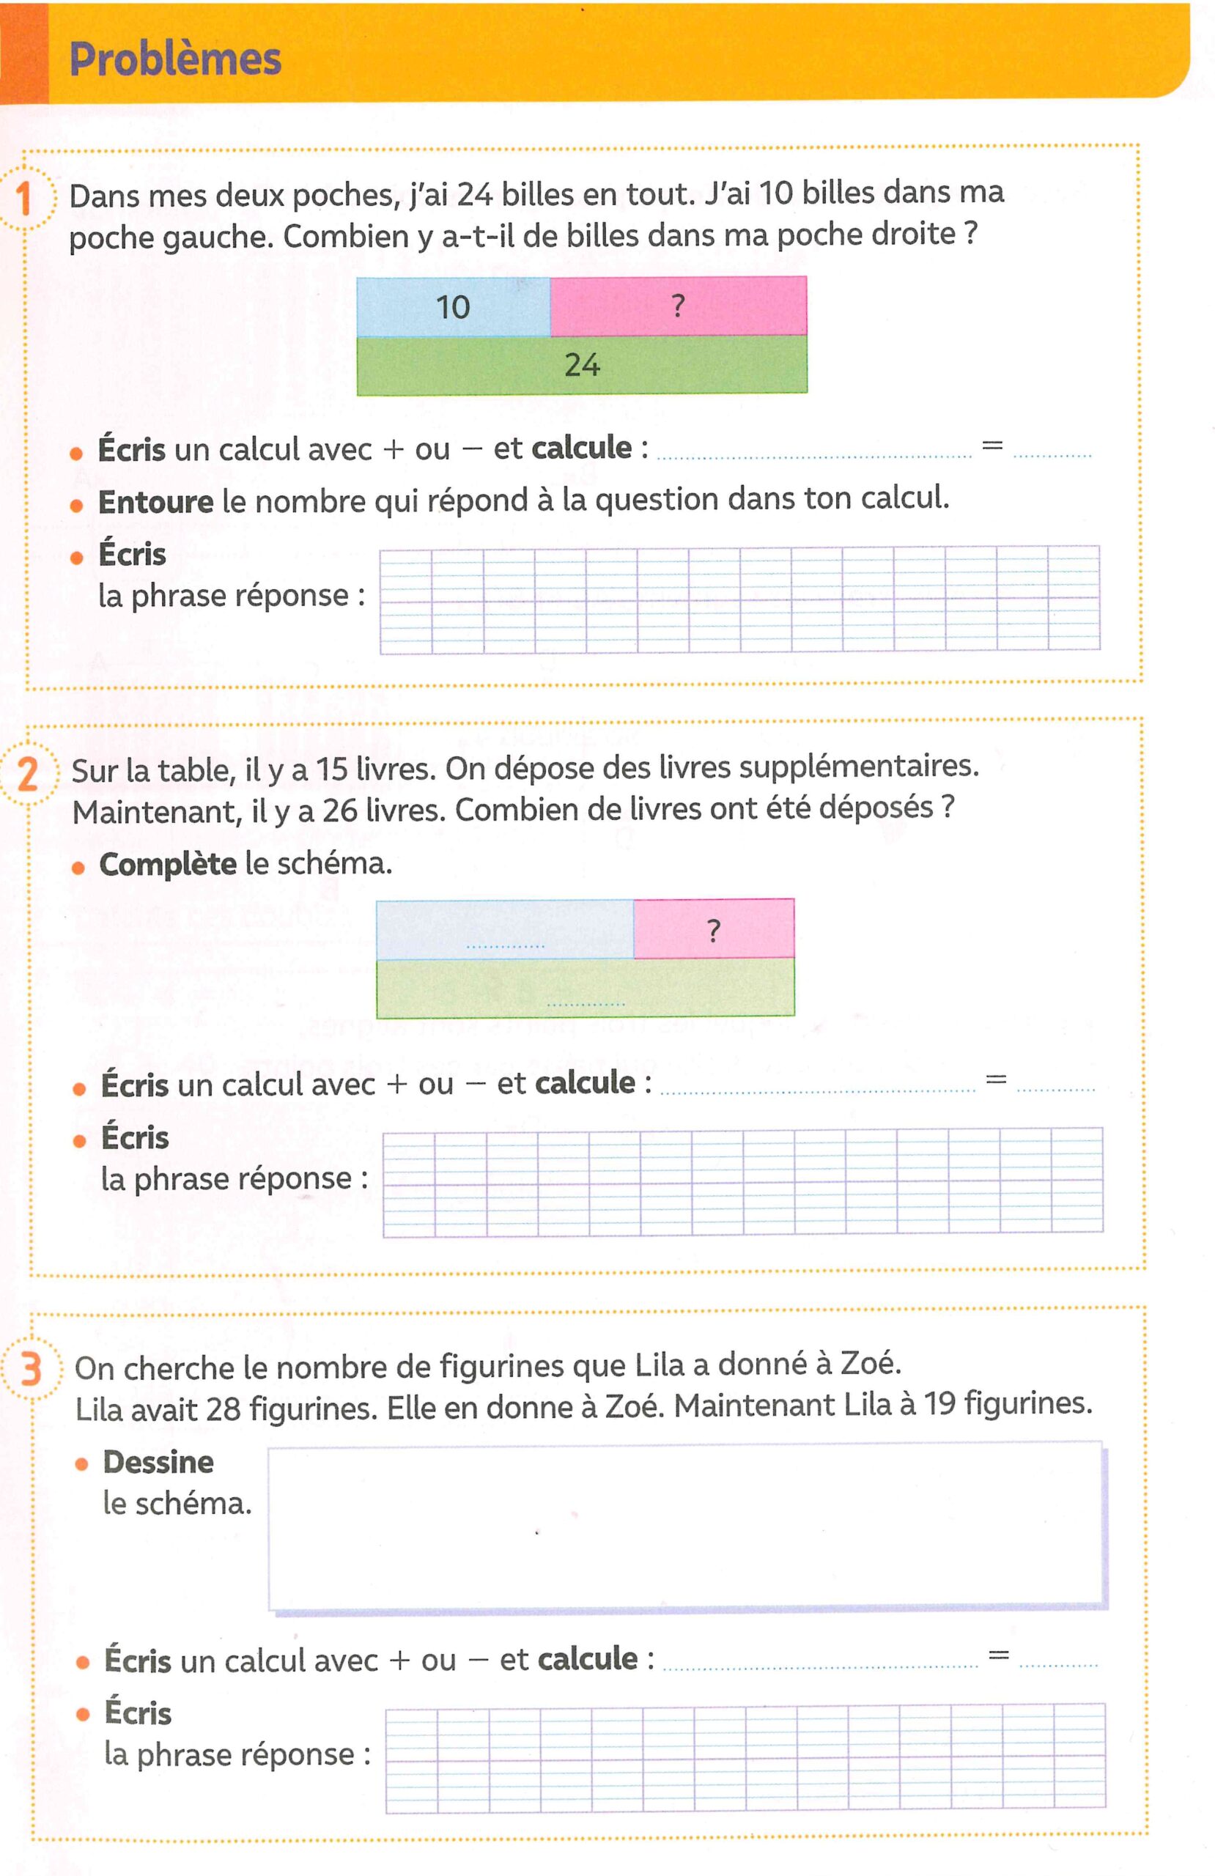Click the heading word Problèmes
(x=175, y=59)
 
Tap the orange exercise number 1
(x=24, y=199)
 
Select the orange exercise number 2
(x=28, y=774)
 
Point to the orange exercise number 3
(x=31, y=1369)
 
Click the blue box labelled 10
(x=454, y=307)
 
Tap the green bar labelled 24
(x=582, y=365)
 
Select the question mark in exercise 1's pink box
(x=677, y=305)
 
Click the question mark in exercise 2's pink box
(x=714, y=931)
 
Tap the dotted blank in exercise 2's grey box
(x=506, y=945)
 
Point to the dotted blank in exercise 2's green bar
(x=586, y=1002)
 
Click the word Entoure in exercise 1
(x=155, y=501)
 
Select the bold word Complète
(x=167, y=864)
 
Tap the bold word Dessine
(x=158, y=1462)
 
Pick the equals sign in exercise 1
(x=992, y=446)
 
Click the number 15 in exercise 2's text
(x=331, y=769)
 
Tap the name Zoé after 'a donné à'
(x=870, y=1363)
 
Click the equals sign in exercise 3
(x=998, y=1655)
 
